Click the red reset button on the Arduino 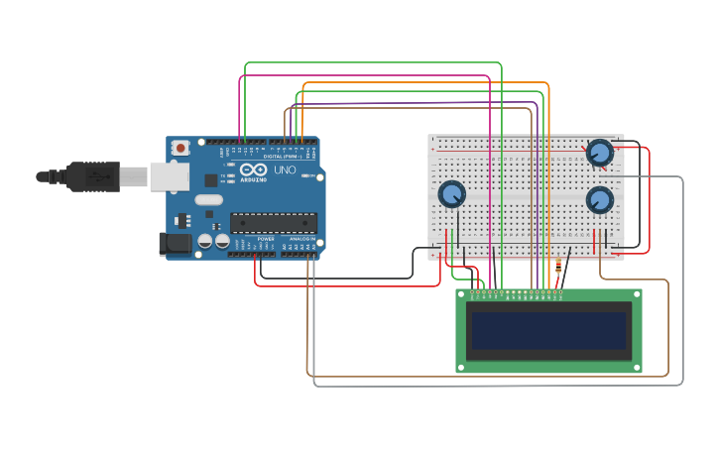tap(180, 148)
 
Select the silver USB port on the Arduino tap(169, 176)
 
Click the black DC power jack tap(176, 243)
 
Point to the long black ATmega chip tap(274, 223)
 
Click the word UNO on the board tap(285, 169)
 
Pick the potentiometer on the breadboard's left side tap(452, 194)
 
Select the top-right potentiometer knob tap(599, 153)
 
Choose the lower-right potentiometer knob tap(599, 200)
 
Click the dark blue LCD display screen tap(548, 331)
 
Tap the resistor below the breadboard tap(558, 266)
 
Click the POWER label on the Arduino tap(266, 239)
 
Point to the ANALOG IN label tap(301, 239)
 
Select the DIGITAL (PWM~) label tap(283, 156)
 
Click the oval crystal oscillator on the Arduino tap(208, 199)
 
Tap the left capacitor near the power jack tap(205, 240)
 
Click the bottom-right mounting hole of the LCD tap(635, 367)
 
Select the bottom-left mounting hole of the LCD tap(462, 367)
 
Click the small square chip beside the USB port tap(211, 179)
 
